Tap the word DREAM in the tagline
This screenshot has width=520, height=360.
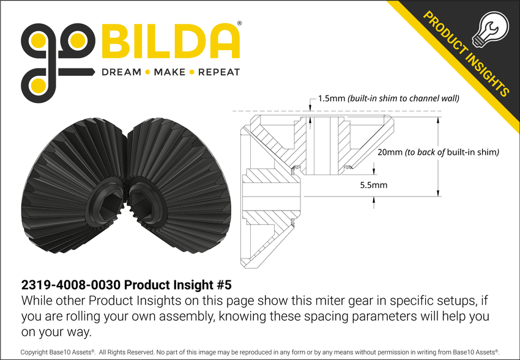pos(121,72)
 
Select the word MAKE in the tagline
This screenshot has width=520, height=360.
pos(169,72)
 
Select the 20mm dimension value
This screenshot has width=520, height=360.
pos(390,152)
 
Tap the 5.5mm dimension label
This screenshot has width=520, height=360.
pos(374,184)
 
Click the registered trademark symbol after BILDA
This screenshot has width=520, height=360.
pos(239,24)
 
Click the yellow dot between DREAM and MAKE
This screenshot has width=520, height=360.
pos(146,72)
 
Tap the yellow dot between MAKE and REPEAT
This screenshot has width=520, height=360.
pos(192,72)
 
